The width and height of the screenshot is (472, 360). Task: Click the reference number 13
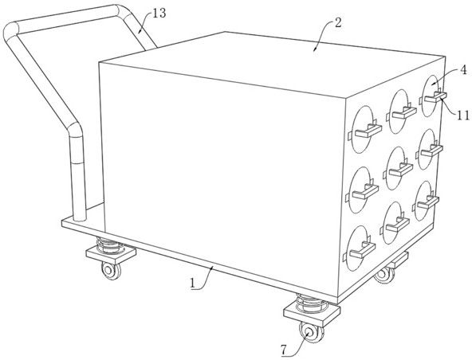(159, 14)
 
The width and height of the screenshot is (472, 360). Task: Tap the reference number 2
(338, 23)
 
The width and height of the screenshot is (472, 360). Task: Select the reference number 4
(463, 70)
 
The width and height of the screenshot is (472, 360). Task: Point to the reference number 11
(463, 115)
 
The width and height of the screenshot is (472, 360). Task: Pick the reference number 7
(283, 350)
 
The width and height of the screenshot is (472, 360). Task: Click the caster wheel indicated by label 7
(311, 332)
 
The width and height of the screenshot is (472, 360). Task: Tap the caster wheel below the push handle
(111, 270)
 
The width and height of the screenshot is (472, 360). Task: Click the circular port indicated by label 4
(431, 96)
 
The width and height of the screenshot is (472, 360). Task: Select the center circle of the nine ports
(396, 168)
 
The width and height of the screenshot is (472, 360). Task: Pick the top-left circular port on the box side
(363, 129)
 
